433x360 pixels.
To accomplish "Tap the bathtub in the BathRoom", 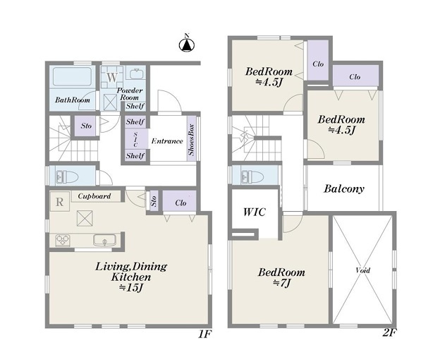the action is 72,77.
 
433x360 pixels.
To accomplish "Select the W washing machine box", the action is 112,77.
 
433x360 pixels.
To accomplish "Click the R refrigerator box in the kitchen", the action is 60,202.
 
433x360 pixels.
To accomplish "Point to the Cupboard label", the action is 94,196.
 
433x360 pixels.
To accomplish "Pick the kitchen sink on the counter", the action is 104,240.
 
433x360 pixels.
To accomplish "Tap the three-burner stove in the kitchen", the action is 63,240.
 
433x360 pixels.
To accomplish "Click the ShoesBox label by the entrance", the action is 191,140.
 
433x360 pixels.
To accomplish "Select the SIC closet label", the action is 135,139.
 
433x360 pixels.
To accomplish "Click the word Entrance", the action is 167,141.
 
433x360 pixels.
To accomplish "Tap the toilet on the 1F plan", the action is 68,176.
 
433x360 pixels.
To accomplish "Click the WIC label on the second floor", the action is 255,212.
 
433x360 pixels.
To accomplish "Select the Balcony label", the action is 344,188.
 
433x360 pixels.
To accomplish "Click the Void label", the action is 362,270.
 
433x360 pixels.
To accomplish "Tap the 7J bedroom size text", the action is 281,283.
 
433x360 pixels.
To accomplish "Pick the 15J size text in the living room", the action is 131,287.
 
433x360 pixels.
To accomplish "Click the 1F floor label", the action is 205,335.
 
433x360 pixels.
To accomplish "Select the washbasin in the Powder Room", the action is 136,73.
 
